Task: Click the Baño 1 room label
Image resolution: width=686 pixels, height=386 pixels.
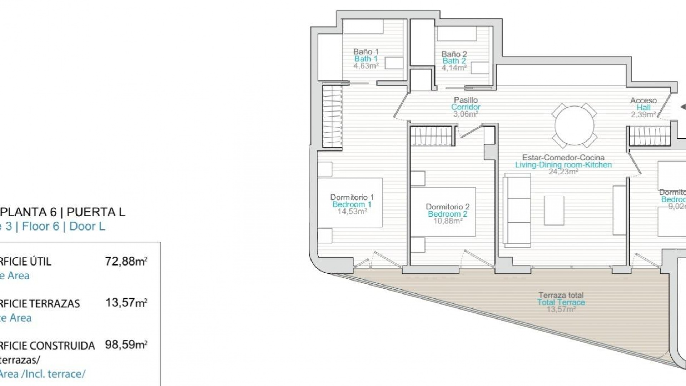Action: point(366,52)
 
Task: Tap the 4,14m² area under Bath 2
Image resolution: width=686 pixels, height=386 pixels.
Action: point(454,68)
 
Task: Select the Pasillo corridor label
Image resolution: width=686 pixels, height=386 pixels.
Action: point(466,100)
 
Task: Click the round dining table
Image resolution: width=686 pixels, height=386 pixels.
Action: point(574,125)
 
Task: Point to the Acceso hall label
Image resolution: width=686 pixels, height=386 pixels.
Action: point(643,101)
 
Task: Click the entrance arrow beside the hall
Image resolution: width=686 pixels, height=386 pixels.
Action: point(682,107)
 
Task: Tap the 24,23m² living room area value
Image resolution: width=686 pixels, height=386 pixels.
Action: point(563,172)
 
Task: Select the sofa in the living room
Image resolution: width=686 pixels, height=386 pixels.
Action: point(517,210)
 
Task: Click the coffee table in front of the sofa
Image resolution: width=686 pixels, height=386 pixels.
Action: point(554,210)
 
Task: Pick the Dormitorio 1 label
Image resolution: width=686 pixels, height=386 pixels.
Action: point(352,197)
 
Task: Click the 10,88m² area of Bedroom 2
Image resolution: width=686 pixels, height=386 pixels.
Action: point(447,221)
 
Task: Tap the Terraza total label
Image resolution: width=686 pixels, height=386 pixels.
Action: point(561,295)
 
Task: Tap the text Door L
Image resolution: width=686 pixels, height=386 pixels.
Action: point(87,226)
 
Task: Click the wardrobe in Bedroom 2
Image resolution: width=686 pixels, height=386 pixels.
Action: point(432,136)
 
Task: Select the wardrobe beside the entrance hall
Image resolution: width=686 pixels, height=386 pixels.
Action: point(650,136)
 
